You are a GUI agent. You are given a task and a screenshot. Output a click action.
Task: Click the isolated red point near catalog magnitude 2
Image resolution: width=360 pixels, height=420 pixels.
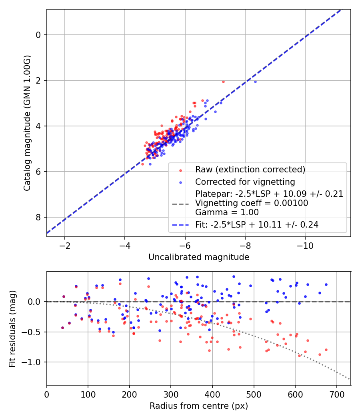click(x=223, y=82)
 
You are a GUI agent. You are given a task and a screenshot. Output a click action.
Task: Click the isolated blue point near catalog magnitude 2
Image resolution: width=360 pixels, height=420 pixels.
click(x=255, y=82)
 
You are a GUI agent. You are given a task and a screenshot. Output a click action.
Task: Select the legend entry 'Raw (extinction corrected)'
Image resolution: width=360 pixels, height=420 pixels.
click(x=250, y=170)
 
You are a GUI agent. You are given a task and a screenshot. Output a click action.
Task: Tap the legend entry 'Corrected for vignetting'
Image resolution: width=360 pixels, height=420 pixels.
click(x=245, y=182)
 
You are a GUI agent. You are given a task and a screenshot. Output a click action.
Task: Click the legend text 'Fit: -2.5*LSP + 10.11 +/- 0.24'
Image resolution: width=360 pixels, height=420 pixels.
click(x=257, y=225)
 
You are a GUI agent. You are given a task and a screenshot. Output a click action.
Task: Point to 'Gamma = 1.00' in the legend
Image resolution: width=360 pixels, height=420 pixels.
click(x=227, y=212)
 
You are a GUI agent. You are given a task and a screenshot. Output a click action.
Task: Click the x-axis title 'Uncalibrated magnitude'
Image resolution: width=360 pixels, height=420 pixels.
click(x=199, y=257)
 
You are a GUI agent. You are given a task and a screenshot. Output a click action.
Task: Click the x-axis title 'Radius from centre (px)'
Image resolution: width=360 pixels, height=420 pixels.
click(x=199, y=406)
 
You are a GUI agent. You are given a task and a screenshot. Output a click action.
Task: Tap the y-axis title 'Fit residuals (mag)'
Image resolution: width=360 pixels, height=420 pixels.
click(x=12, y=328)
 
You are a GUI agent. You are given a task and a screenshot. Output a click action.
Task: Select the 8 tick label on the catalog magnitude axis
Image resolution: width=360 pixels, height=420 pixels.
click(x=38, y=217)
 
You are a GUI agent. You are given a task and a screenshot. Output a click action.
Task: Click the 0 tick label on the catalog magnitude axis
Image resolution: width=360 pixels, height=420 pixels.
click(x=38, y=35)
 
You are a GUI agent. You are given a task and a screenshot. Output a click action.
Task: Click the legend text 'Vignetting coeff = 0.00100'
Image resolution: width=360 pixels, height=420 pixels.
click(x=252, y=203)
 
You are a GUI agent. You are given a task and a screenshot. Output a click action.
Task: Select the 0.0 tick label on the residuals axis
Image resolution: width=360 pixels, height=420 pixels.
click(x=36, y=302)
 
